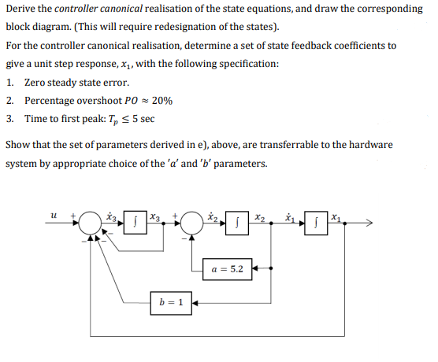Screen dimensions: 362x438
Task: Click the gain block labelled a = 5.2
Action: (228, 269)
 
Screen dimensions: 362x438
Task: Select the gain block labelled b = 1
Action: (171, 302)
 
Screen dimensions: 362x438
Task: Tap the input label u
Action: (52, 213)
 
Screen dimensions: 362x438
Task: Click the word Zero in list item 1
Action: (36, 82)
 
